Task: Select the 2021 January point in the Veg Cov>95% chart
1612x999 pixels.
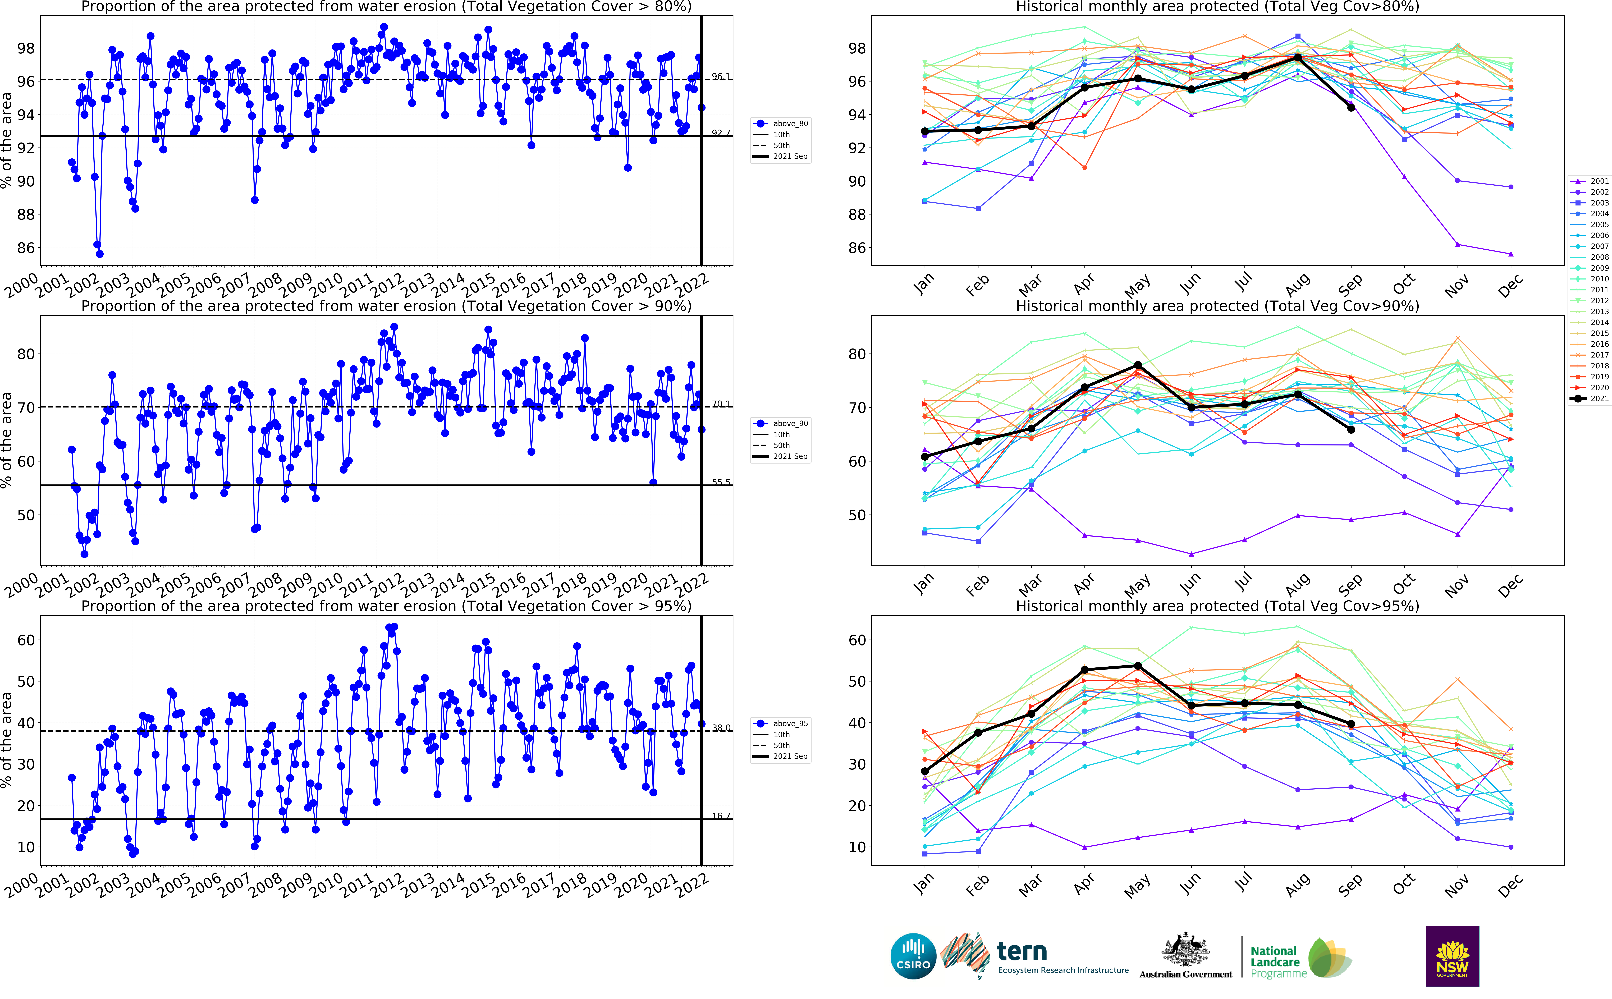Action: (x=924, y=771)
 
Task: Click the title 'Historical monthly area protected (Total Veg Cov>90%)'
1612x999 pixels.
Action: (x=1217, y=306)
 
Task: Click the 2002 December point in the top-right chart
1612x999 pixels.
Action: (x=1510, y=187)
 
